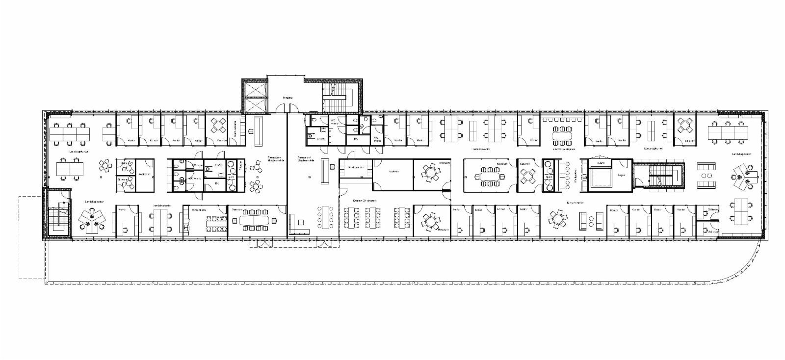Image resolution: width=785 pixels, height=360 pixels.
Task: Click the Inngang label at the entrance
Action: point(287,98)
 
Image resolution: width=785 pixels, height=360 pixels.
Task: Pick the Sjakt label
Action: point(600,162)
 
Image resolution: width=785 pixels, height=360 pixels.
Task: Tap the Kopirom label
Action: point(144,175)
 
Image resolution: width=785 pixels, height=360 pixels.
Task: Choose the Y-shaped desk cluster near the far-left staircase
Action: point(91,221)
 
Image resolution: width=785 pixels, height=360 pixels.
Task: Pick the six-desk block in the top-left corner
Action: point(69,132)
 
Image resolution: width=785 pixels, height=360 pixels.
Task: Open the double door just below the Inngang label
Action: point(287,112)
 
